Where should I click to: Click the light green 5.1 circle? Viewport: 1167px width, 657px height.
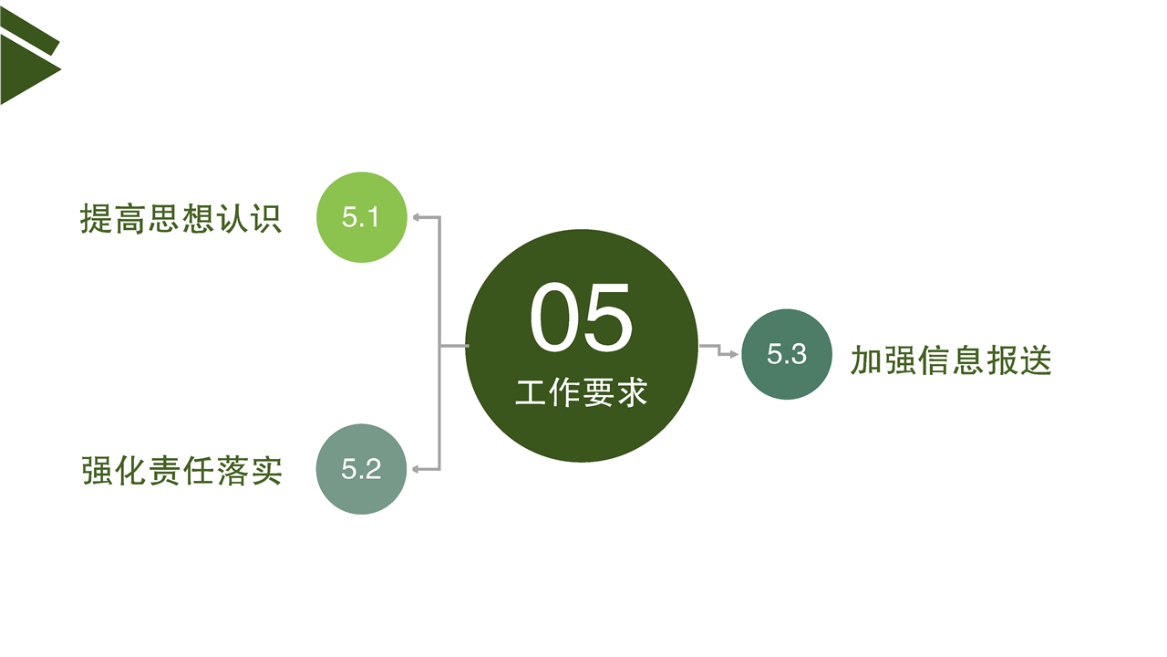pos(362,217)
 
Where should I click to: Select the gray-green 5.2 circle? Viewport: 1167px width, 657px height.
pos(361,469)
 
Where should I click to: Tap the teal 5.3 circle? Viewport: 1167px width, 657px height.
pos(787,354)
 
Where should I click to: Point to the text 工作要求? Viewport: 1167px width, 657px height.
pos(582,392)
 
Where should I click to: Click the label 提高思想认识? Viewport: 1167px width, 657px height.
pos(181,218)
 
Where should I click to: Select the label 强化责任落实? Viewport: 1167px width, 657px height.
pos(181,471)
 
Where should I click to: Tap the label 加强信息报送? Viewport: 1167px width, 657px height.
pos(951,360)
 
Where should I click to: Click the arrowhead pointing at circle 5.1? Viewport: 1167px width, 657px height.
pos(417,217)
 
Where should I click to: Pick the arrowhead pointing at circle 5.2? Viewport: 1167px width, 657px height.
pos(417,469)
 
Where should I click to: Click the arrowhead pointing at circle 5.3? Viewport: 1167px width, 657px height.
pos(734,355)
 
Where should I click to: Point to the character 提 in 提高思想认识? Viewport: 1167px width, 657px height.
pos(96,218)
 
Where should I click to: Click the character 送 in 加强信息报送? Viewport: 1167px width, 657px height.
pos(1036,360)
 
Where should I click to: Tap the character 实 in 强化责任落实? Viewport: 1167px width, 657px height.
pos(266,471)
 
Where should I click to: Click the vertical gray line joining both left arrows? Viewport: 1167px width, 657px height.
pos(439,343)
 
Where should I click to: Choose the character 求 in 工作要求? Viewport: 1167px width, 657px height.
pos(632,392)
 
